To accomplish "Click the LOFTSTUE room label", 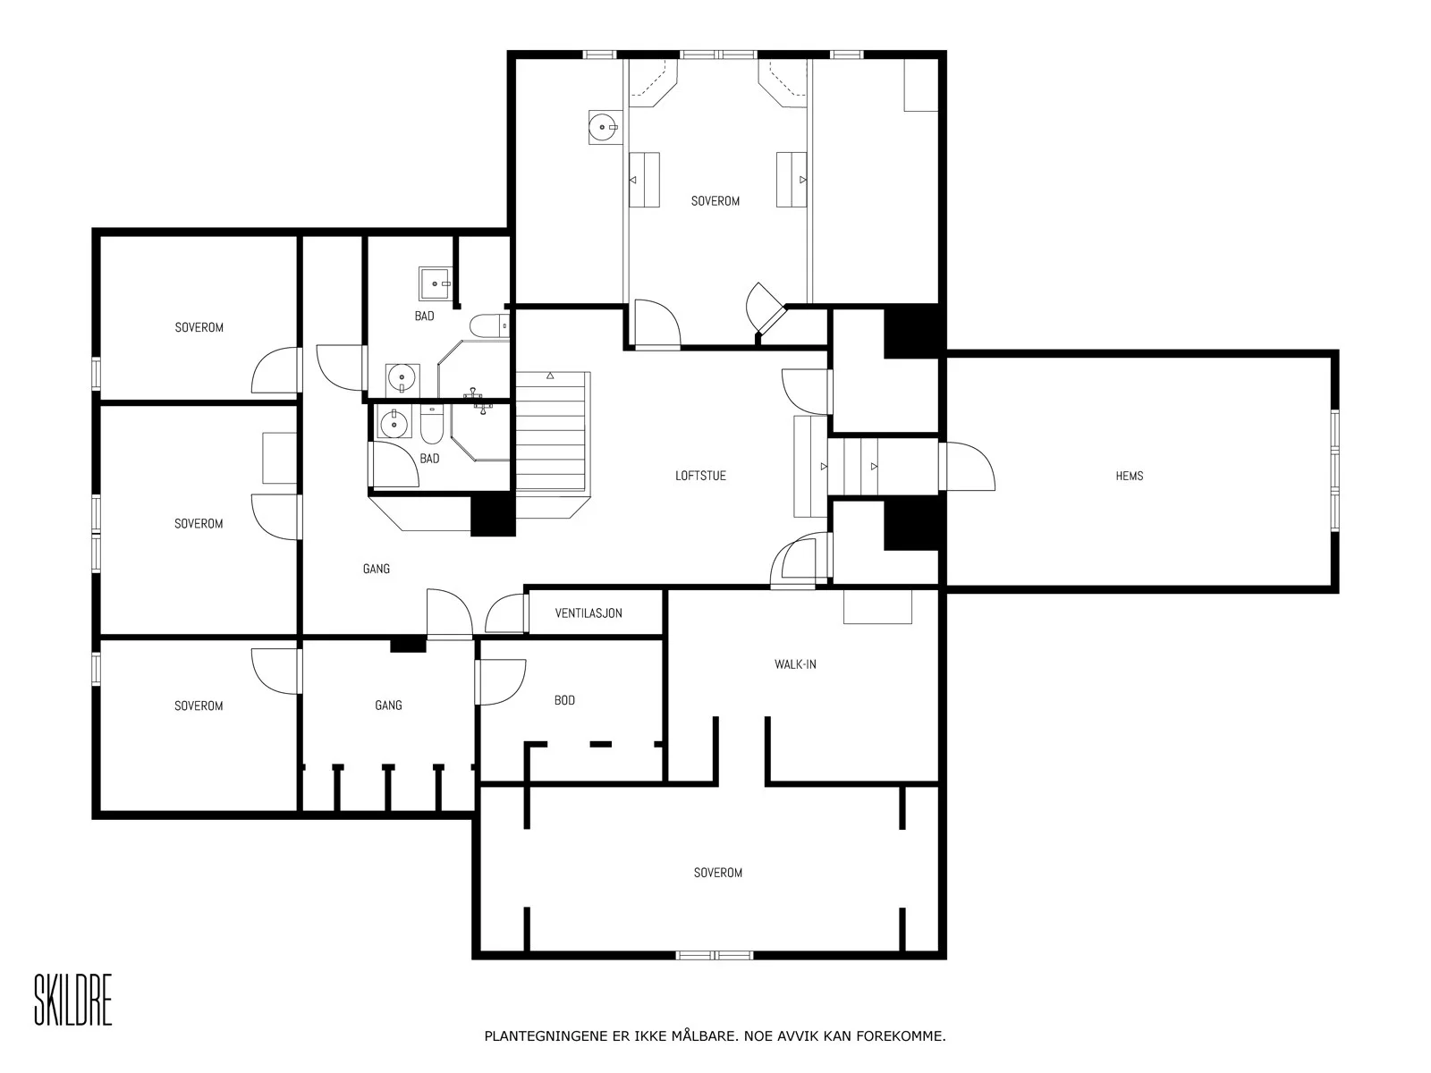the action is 700,476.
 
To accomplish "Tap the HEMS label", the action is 1130,476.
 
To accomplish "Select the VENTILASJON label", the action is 588,613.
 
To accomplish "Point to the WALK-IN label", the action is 795,664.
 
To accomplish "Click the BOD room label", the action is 564,700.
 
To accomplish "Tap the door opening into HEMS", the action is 967,467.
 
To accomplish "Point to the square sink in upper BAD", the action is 435,283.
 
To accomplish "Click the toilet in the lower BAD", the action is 432,424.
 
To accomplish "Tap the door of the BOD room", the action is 500,682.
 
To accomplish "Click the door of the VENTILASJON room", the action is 506,613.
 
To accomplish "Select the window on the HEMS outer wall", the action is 1334,471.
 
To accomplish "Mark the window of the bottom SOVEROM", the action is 714,955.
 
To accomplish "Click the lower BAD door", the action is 394,464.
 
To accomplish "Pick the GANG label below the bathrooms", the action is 377,569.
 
